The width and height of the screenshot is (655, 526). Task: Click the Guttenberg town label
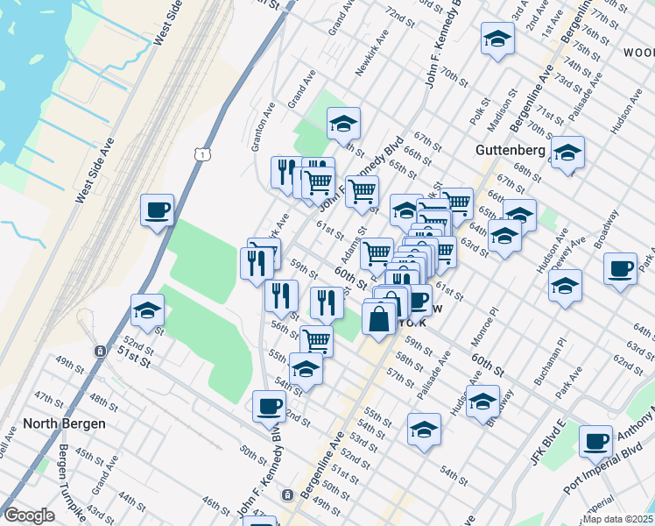point(511,150)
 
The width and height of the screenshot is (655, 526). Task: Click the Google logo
point(29,515)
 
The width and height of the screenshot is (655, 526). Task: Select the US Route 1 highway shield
point(202,154)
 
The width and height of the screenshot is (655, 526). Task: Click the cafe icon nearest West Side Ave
point(158,210)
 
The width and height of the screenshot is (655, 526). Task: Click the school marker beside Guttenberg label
point(567,154)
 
